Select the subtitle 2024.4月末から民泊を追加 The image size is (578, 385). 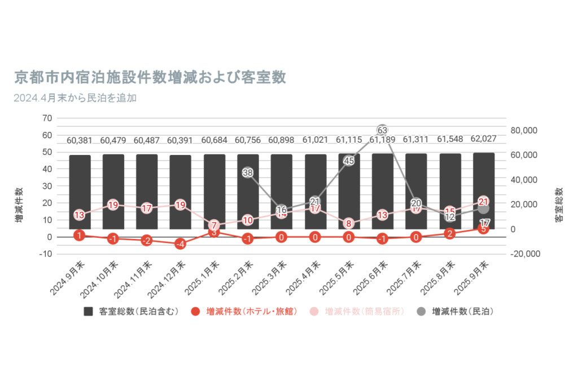(76, 98)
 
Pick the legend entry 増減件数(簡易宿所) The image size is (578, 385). (358, 311)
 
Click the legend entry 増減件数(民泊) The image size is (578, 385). (456, 311)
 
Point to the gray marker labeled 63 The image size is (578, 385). (382, 130)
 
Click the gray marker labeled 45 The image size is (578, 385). (349, 161)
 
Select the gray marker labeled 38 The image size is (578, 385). (248, 172)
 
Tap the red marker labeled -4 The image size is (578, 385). (180, 244)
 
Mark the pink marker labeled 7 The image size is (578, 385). (214, 225)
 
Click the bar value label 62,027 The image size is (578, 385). (484, 139)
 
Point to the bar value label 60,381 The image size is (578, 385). (80, 140)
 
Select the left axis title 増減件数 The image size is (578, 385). (19, 205)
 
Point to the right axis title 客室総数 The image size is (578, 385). (559, 205)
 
